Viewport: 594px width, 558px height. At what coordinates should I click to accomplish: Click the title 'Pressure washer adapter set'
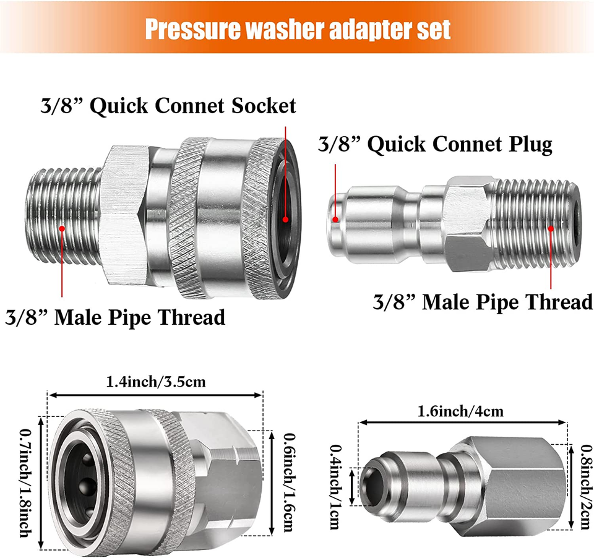(x=297, y=28)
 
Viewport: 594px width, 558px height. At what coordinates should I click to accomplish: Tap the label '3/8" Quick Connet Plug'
(x=434, y=144)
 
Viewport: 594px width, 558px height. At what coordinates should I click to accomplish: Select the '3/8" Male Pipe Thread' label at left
(x=115, y=317)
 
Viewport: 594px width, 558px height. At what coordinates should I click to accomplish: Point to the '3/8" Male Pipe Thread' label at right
(x=483, y=302)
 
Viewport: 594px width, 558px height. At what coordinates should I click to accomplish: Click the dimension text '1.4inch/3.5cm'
(x=156, y=382)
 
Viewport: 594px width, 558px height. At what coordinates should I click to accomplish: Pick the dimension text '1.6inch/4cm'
(x=461, y=411)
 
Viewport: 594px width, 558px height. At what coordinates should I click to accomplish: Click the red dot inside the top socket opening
(x=285, y=219)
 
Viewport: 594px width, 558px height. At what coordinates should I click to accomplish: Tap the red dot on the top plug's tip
(x=335, y=218)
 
